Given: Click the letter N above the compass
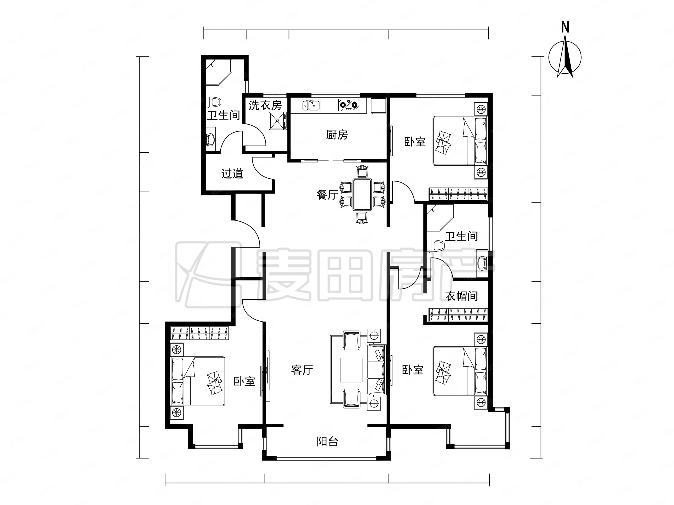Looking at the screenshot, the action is pyautogui.click(x=565, y=27).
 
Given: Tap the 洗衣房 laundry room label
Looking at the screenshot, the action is pyautogui.click(x=265, y=105).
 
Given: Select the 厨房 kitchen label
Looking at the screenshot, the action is pyautogui.click(x=337, y=135).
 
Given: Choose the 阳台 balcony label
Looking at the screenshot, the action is pyautogui.click(x=327, y=441).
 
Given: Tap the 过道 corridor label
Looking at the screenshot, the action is pyautogui.click(x=232, y=174).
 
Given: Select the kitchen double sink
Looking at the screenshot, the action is pyautogui.click(x=311, y=105).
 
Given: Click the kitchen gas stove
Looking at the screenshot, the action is pyautogui.click(x=348, y=105).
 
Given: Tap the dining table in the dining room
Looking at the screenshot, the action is pyautogui.click(x=362, y=194).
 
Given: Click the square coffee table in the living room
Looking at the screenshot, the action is pyautogui.click(x=351, y=370).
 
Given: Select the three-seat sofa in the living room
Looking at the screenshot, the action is pyautogui.click(x=377, y=370).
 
